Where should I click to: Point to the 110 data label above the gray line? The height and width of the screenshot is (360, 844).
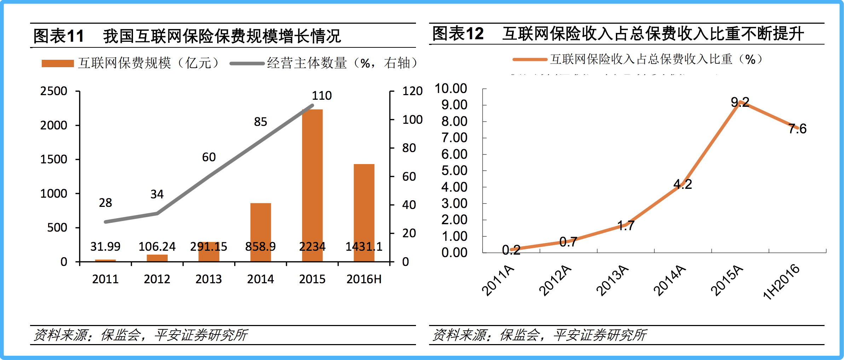point(322,95)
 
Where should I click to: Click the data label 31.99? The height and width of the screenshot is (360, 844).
point(105,246)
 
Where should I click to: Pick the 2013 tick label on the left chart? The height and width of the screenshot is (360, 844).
point(208,279)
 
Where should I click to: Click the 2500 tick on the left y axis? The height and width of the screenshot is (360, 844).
point(53,91)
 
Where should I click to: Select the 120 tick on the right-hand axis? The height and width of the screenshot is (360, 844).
point(412,91)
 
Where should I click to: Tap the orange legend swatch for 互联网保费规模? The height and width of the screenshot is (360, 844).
point(58,63)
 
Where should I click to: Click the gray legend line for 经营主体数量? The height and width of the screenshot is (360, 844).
point(247,64)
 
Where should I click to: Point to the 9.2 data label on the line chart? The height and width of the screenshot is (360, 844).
point(740,102)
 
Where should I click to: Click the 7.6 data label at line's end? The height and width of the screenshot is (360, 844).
point(797,129)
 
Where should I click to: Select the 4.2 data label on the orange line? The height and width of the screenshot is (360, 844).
point(682,184)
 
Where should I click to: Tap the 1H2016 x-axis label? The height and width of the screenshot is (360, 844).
point(781,282)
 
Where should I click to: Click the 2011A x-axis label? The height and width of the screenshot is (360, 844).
point(498,280)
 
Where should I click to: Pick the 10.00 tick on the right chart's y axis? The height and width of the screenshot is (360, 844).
point(451,88)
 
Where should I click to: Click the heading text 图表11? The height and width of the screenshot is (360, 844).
point(59,36)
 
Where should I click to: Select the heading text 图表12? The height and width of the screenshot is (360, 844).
point(458,34)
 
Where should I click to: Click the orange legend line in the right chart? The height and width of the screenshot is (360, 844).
point(530,59)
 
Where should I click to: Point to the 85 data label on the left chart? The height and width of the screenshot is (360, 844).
point(260,122)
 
